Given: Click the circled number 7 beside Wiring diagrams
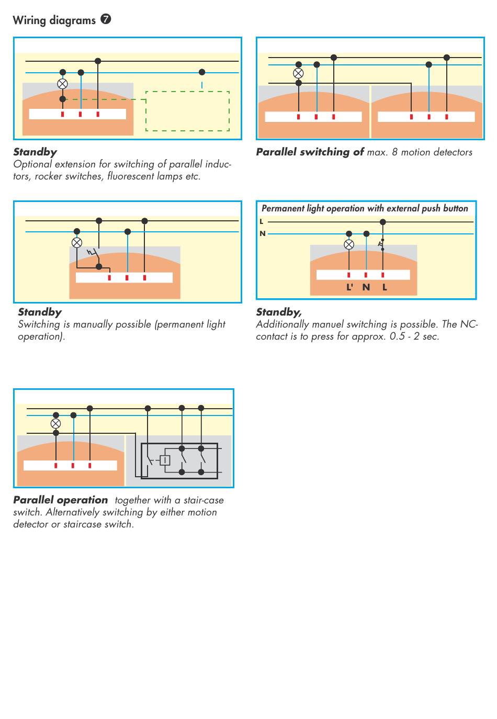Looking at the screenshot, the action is click(x=106, y=19).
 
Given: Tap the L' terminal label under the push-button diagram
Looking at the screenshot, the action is click(x=349, y=287).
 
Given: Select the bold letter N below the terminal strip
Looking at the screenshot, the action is click(x=366, y=287).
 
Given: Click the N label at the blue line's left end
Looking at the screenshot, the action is click(x=263, y=233).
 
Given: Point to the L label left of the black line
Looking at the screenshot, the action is click(x=262, y=221).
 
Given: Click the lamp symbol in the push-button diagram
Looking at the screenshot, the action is click(x=349, y=244).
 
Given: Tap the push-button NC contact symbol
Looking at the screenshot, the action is click(x=381, y=244).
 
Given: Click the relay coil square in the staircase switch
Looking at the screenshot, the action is click(x=165, y=460).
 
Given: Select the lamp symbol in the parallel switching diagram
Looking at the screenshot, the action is click(x=298, y=73).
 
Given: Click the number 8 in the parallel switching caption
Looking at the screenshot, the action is click(x=394, y=152).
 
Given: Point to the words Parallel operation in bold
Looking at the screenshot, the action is click(x=61, y=500).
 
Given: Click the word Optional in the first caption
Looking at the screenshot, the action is click(x=32, y=164).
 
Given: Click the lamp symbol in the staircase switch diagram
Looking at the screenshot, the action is click(x=56, y=424).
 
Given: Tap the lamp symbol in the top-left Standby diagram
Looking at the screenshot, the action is click(x=63, y=84).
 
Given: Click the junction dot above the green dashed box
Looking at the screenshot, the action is click(x=202, y=72).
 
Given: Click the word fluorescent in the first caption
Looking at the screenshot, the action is click(x=131, y=176).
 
